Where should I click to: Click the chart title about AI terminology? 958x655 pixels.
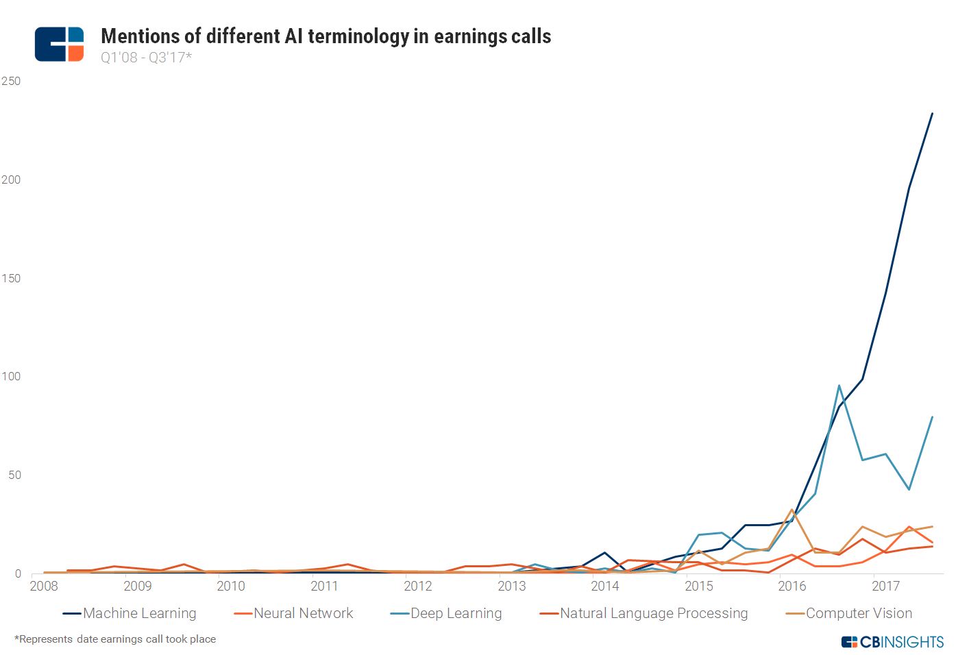click(x=326, y=36)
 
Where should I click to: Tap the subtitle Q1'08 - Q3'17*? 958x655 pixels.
click(x=146, y=58)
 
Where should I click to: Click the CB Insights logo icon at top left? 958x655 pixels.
click(x=59, y=44)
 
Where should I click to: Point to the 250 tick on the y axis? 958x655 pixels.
click(x=11, y=81)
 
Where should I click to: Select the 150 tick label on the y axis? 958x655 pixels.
click(x=11, y=278)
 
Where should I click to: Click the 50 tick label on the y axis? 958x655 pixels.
click(x=14, y=475)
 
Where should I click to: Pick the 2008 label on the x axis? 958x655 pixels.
click(x=44, y=586)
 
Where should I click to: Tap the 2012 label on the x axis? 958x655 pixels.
click(x=418, y=586)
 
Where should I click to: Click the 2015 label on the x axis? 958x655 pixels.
click(x=699, y=586)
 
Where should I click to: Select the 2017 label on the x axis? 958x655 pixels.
click(x=885, y=586)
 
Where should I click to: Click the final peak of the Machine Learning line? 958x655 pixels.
click(x=932, y=114)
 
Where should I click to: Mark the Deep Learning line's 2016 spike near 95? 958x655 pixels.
click(x=839, y=386)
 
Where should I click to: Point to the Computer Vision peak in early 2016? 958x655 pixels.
click(x=792, y=510)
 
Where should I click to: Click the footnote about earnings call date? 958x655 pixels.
click(x=115, y=639)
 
